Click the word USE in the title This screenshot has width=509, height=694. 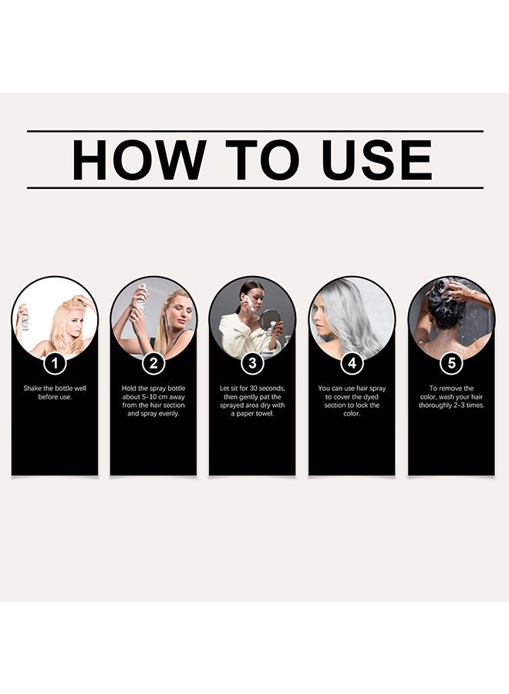[376, 160]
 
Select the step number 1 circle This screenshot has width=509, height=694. [55, 363]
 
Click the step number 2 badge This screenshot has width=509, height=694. [153, 363]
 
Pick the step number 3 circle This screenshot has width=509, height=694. [252, 363]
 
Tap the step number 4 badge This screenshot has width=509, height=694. [352, 363]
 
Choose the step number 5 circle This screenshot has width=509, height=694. [451, 363]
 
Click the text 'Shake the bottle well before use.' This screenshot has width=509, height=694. [55, 392]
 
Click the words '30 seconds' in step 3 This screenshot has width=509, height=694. [268, 389]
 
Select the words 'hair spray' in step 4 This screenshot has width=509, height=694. [372, 389]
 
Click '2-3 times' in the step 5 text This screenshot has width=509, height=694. [469, 406]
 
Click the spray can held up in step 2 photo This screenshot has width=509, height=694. [141, 298]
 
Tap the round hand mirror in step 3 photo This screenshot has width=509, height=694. [270, 319]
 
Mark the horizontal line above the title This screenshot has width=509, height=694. [255, 131]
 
